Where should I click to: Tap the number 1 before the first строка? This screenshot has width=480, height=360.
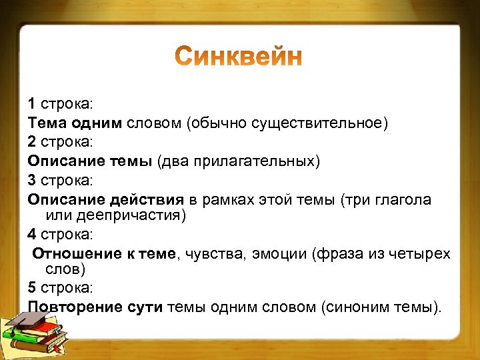coord(32,104)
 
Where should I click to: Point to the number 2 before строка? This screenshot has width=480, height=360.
coord(32,143)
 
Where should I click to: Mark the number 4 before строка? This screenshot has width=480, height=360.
coord(32,235)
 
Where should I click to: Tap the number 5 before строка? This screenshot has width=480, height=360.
coord(32,288)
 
